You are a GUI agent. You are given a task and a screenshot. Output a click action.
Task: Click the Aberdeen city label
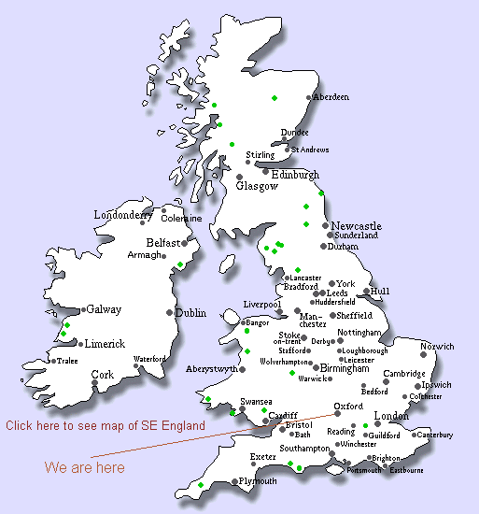tap(332, 97)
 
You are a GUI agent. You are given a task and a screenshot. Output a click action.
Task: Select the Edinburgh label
tap(295, 175)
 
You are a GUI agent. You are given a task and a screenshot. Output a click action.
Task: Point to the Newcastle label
tap(357, 226)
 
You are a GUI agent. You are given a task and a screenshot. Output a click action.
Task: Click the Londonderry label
tap(122, 215)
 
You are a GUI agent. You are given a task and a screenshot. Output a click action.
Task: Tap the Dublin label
tap(190, 313)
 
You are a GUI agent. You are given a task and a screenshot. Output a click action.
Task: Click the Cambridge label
tap(404, 374)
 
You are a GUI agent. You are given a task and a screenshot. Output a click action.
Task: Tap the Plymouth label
tap(258, 481)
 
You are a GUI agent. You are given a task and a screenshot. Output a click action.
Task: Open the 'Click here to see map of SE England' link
tap(105, 425)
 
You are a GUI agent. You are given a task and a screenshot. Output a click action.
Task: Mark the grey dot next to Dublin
tap(169, 312)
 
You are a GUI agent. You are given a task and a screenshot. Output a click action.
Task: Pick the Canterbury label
tap(434, 435)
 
